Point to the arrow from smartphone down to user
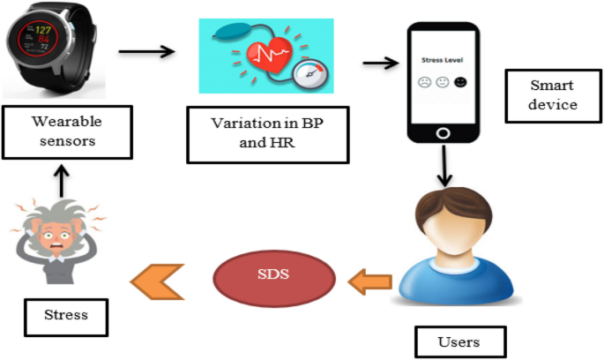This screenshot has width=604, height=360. click(444, 164)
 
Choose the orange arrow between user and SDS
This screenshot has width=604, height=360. click(369, 282)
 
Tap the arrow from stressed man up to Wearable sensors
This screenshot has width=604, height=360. click(60, 180)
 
